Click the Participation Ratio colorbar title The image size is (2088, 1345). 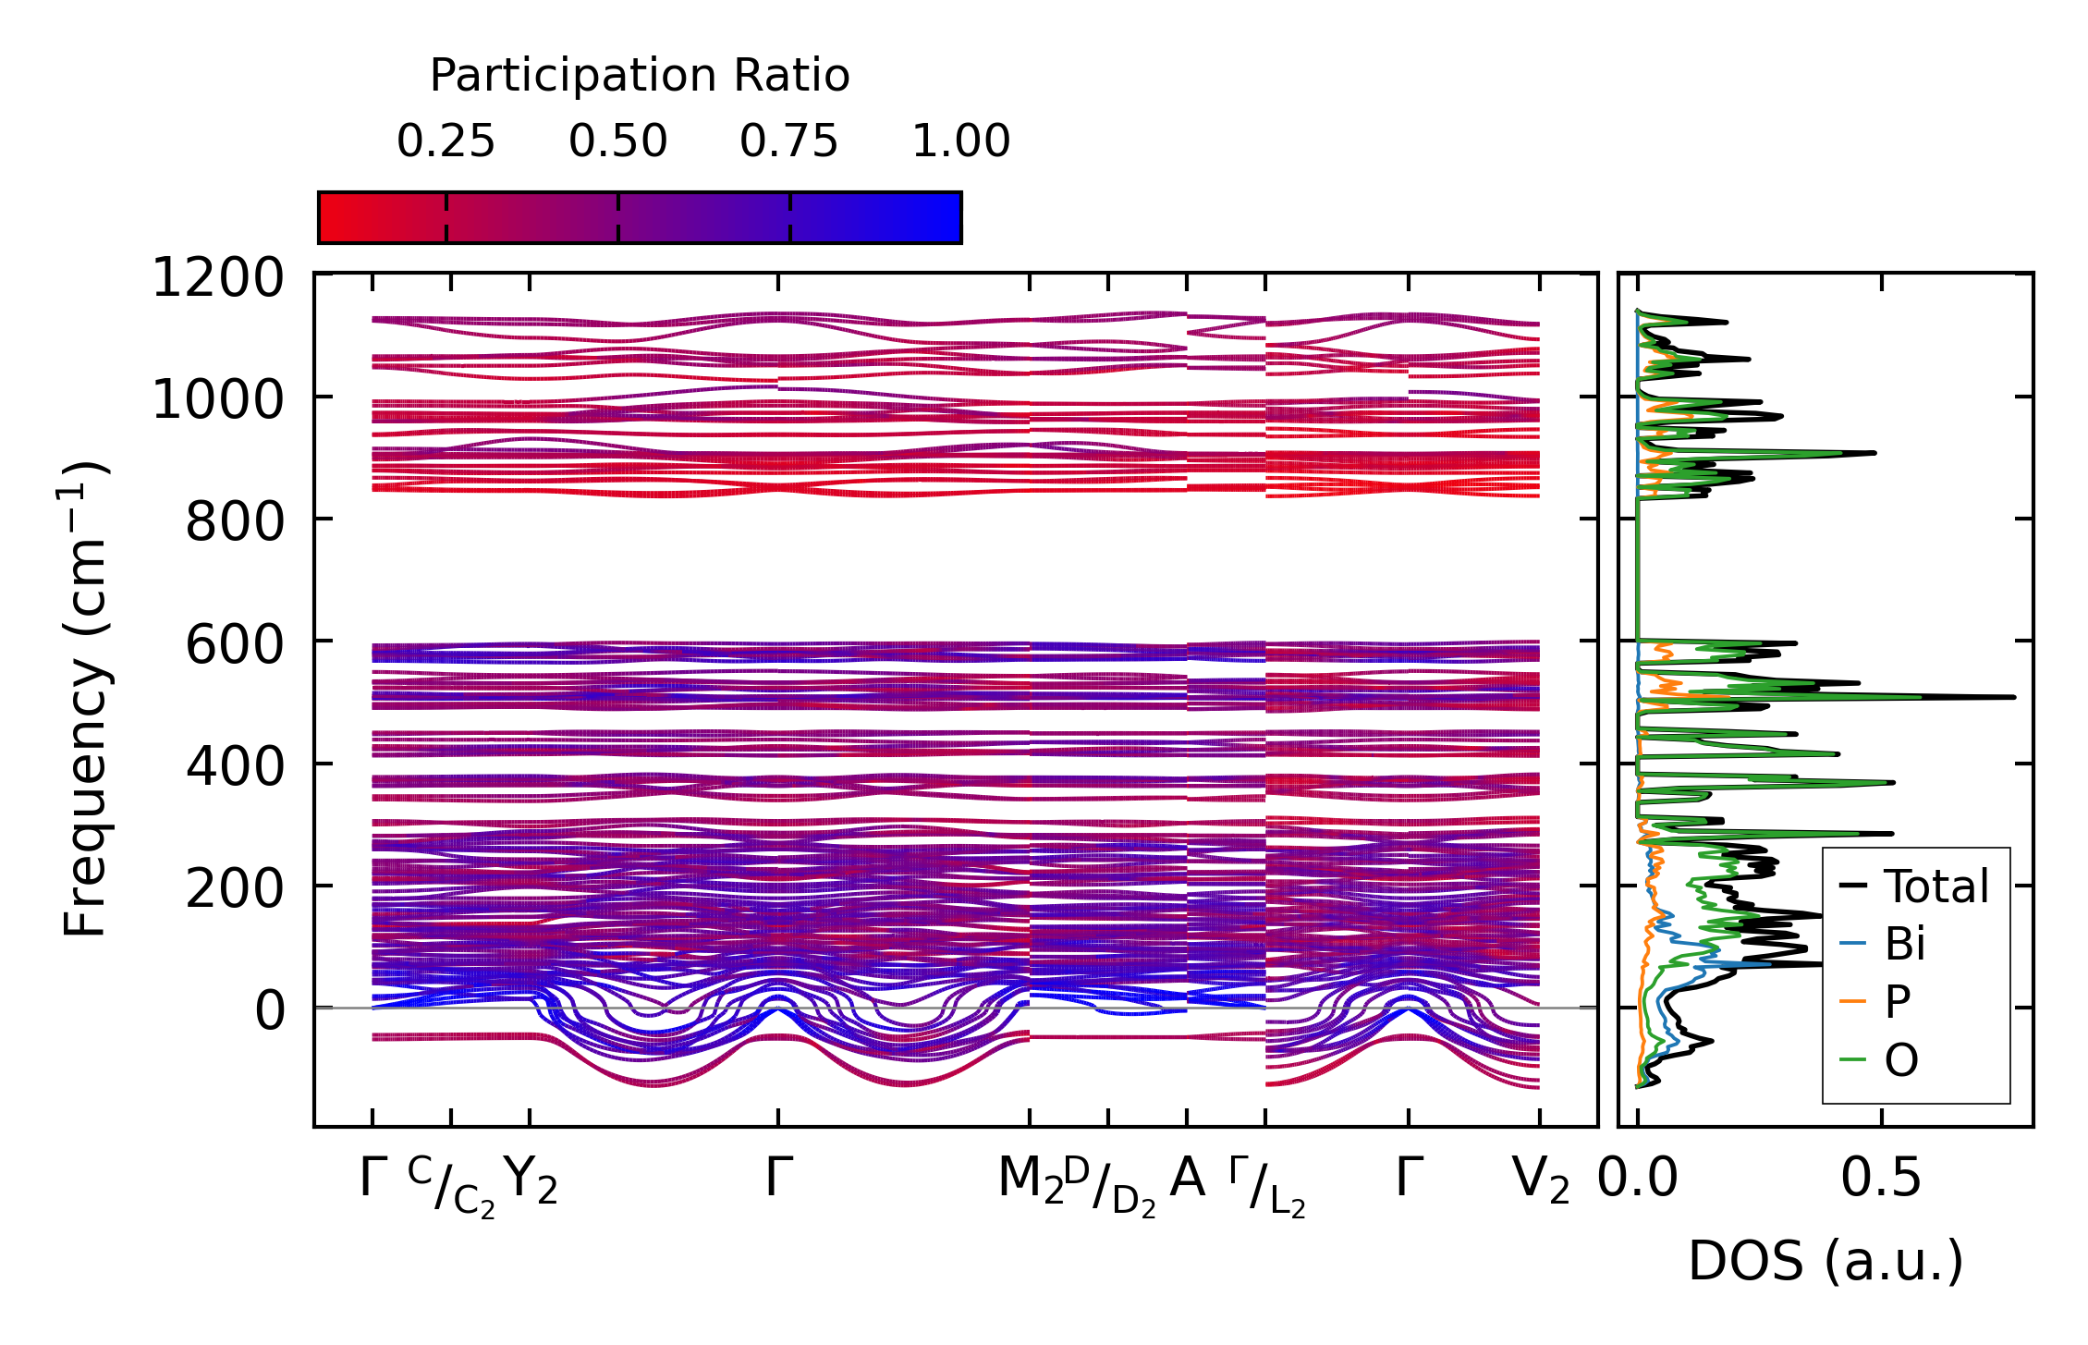tap(640, 76)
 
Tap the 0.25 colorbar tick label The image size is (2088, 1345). tap(446, 141)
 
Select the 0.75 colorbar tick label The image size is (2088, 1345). tap(788, 141)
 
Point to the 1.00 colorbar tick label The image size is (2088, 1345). tap(961, 141)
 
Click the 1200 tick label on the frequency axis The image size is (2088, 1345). tap(218, 278)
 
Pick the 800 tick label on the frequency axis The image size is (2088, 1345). tap(235, 522)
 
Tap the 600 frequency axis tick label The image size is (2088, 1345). tap(235, 644)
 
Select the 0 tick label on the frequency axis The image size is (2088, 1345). tap(270, 1010)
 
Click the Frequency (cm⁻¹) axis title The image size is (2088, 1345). tap(86, 699)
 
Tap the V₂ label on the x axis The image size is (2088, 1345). tap(1540, 1180)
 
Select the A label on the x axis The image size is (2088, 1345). tap(1188, 1179)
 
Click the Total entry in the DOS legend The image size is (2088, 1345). tap(1935, 886)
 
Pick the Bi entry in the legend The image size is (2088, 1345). tap(1904, 944)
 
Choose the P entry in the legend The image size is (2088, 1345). tap(1897, 1001)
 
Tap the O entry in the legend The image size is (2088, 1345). tap(1901, 1059)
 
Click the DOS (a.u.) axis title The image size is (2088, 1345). tap(1825, 1261)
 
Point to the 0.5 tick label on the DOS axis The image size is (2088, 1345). tap(1881, 1180)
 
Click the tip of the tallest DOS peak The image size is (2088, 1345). tap(2013, 697)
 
